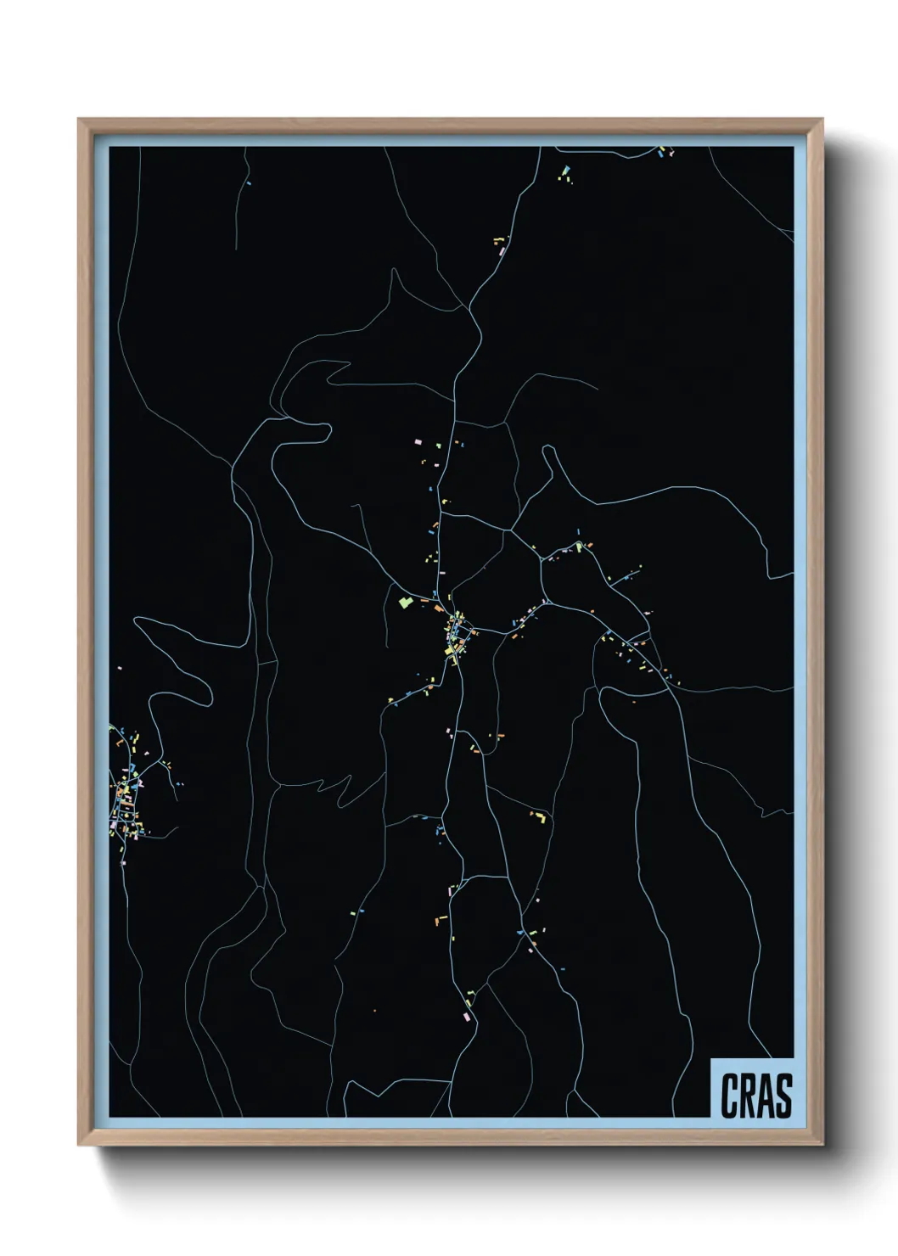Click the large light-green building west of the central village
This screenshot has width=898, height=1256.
coord(404,603)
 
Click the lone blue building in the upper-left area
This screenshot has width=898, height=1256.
coord(249,182)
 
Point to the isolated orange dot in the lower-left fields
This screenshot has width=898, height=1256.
coord(374,1011)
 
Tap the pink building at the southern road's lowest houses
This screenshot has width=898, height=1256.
coord(465,1015)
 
